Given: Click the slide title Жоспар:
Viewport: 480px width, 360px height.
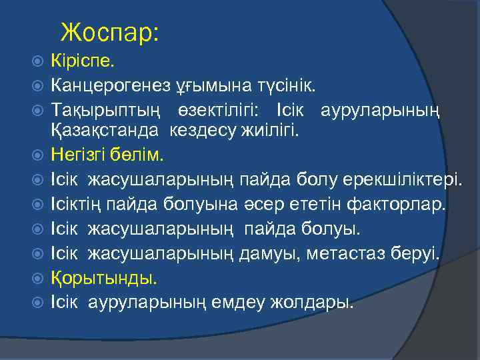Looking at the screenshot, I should (109, 32).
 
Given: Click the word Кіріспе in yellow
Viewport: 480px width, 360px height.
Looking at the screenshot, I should (82, 63).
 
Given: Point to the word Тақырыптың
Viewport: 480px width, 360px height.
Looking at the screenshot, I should (103, 109).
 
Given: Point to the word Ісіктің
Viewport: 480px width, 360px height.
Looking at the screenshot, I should (75, 203).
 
